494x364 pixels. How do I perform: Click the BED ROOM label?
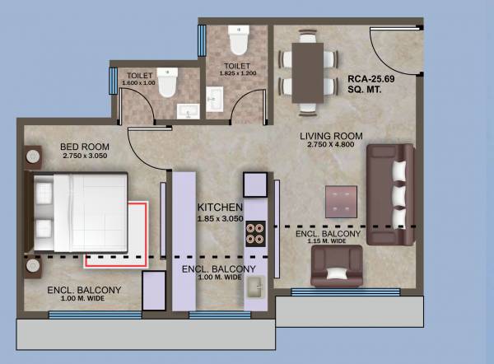click(80, 148)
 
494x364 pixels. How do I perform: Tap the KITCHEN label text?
click(218, 207)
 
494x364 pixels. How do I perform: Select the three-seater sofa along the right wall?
click(389, 194)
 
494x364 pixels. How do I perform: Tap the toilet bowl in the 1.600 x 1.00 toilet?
click(167, 85)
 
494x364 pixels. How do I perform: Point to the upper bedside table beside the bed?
click(32, 155)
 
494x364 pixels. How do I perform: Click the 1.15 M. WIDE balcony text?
click(328, 244)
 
